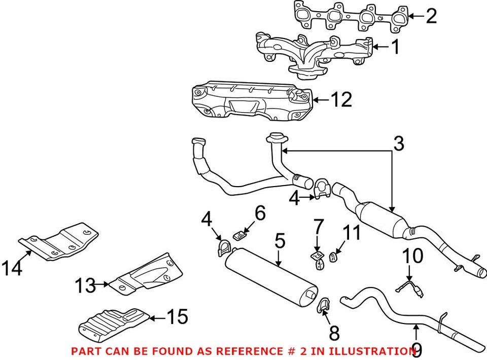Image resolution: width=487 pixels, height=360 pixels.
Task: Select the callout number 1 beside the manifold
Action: pos(395,48)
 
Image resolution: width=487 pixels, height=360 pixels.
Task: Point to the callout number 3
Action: pos(399,143)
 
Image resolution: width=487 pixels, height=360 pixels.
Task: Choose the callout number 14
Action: pos(12,268)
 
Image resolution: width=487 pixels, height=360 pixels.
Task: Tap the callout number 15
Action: pos(177,317)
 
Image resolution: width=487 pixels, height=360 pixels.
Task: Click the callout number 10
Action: pos(414,256)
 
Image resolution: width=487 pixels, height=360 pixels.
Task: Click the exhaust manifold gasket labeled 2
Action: pos(350,16)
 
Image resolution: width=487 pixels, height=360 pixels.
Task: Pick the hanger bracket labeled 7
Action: pos(317,258)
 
